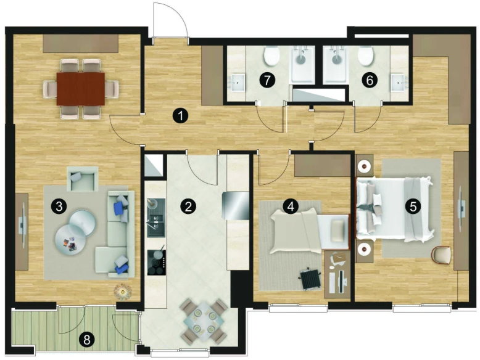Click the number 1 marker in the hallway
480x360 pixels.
point(180,117)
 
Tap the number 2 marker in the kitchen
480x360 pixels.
point(188,206)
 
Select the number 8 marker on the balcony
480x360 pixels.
point(87,339)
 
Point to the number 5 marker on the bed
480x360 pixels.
point(413,207)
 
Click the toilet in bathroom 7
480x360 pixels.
point(271,55)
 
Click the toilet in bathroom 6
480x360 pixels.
point(365,55)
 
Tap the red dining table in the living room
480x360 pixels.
point(81,89)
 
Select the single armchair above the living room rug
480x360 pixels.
point(83,179)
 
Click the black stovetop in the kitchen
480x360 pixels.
point(157,263)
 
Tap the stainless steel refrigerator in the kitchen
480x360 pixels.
point(236,205)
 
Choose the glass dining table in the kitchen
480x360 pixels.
point(204,321)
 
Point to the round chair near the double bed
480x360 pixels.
point(441,255)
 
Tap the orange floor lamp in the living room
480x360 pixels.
point(122,292)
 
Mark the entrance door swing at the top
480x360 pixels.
point(170,20)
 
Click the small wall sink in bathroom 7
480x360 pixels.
point(237,83)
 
